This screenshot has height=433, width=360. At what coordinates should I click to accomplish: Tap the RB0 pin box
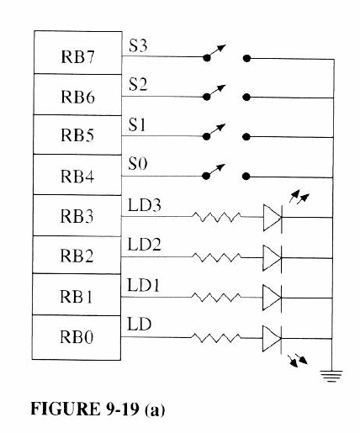79,337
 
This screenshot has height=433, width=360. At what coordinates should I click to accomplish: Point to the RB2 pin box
79,256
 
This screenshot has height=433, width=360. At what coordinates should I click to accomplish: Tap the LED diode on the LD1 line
271,297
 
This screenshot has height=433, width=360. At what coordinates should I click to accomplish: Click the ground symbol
334,377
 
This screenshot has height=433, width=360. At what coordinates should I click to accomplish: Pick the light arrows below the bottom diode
296,361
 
